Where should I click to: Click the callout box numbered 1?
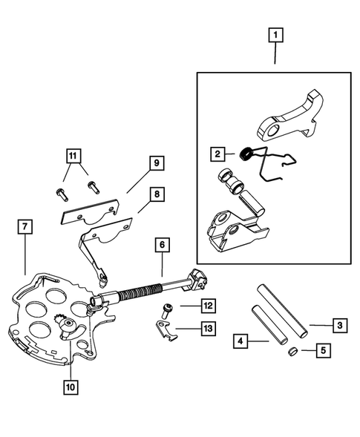coord(275,34)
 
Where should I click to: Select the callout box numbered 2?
coord(217,154)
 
